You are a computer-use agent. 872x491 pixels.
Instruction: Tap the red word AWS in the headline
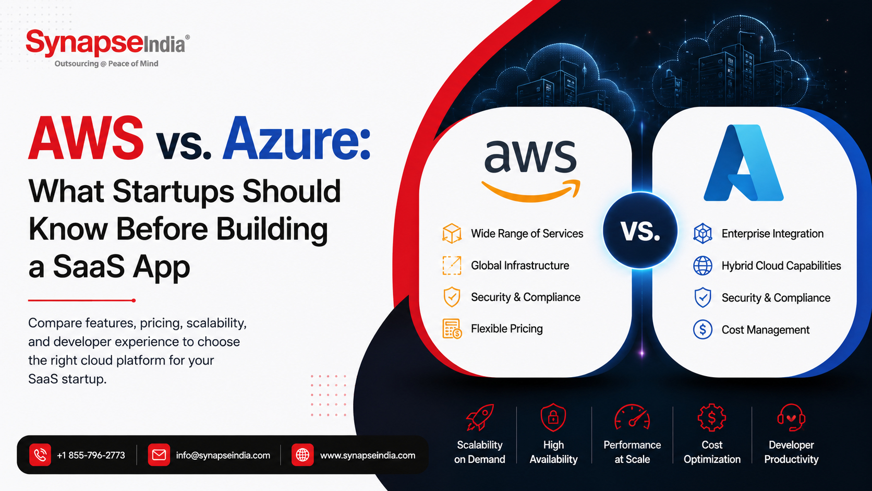[86, 138]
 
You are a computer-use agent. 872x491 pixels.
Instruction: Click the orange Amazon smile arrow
[531, 190]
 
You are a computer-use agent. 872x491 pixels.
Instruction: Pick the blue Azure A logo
[744, 163]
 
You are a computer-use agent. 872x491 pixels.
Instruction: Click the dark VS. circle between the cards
[640, 231]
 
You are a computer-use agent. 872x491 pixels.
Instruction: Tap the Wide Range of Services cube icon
[452, 234]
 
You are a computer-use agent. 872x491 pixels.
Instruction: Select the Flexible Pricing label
[507, 329]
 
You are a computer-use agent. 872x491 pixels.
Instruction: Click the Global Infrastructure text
[520, 266]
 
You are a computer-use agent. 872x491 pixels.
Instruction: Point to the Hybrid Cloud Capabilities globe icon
[703, 266]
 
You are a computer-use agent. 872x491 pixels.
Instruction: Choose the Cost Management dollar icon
[703, 329]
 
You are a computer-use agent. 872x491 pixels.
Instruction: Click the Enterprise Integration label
[773, 234]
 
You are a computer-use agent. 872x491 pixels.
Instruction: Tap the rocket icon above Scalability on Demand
[480, 417]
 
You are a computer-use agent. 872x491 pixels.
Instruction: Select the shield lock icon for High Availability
[553, 417]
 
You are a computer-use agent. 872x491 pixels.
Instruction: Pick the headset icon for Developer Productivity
[791, 417]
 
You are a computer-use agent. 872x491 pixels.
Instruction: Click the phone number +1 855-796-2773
[91, 455]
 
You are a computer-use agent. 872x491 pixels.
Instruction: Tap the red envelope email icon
[159, 455]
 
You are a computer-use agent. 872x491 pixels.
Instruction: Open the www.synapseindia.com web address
[368, 455]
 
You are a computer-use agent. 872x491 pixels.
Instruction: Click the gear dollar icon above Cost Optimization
[712, 417]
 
